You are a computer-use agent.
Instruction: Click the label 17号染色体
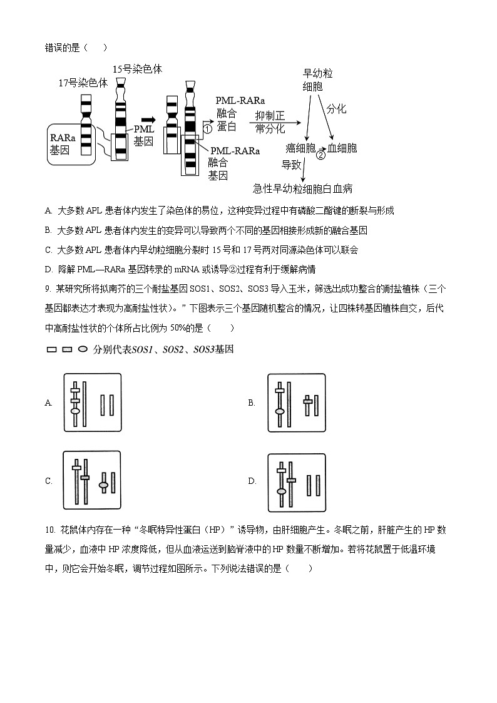pyautogui.click(x=83, y=83)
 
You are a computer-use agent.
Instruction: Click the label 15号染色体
pyautogui.click(x=137, y=69)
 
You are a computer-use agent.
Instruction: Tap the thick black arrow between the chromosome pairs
pyautogui.click(x=148, y=120)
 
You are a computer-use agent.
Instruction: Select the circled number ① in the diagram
pyautogui.click(x=208, y=129)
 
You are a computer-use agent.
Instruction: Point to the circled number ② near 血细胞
pyautogui.click(x=320, y=155)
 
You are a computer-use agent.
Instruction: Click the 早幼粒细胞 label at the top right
pyautogui.click(x=317, y=80)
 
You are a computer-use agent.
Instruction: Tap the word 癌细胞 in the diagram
pyautogui.click(x=300, y=148)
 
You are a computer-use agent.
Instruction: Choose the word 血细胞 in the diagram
pyautogui.click(x=342, y=148)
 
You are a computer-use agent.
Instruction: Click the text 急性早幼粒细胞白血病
pyautogui.click(x=302, y=188)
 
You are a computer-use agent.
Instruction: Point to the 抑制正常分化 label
pyautogui.click(x=270, y=122)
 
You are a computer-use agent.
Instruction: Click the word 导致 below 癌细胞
pyautogui.click(x=291, y=165)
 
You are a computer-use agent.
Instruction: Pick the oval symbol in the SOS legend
pyautogui.click(x=83, y=350)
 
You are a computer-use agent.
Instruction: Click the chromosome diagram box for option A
pyautogui.click(x=93, y=403)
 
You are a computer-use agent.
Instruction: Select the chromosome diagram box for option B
pyautogui.click(x=297, y=403)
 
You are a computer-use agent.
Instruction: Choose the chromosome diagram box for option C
pyautogui.click(x=93, y=481)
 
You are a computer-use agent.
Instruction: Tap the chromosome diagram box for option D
pyautogui.click(x=297, y=481)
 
